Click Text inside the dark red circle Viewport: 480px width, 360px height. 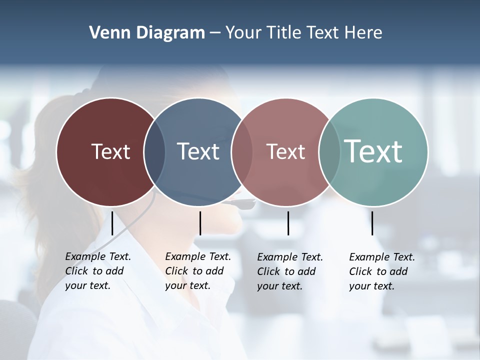click(110, 151)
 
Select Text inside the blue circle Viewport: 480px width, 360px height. click(198, 151)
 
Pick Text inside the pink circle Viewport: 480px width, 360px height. click(285, 152)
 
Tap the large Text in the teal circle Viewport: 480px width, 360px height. click(373, 151)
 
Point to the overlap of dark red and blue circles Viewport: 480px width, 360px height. click(154, 151)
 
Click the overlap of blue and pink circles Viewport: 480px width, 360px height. click(242, 151)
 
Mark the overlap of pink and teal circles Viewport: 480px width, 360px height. click(329, 151)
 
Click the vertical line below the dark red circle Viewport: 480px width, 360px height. click(112, 223)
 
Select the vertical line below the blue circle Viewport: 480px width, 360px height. click(200, 223)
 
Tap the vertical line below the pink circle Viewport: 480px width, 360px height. click(288, 223)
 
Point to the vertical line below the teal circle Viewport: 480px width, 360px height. click(372, 223)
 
